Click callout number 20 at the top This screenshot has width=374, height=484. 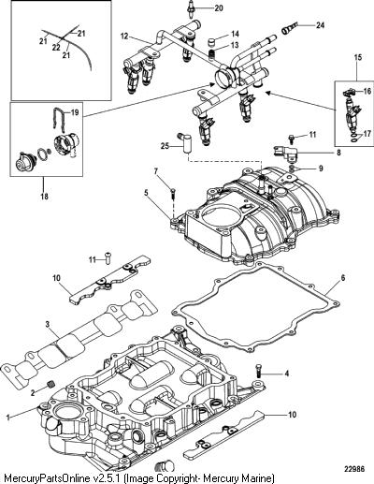pos(219,8)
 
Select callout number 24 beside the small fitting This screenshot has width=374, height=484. pos(320,25)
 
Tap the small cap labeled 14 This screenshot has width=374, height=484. pos(212,42)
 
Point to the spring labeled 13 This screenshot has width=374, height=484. pos(211,54)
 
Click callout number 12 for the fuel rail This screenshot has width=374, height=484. pos(124,37)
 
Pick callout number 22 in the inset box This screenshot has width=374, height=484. pos(56,48)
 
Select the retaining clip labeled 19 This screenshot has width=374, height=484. pos(59,120)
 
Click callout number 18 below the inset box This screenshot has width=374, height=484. pos(45,197)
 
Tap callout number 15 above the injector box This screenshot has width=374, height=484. pos(358,57)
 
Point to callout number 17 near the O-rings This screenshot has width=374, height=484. pos(367,134)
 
